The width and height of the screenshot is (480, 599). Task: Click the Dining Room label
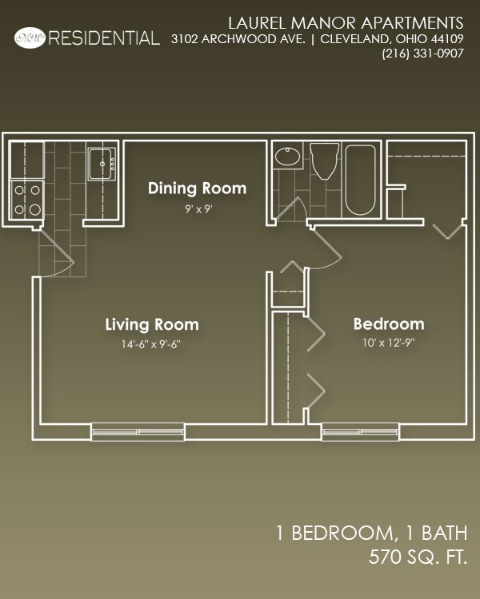tap(197, 188)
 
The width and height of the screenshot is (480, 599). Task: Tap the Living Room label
tap(152, 325)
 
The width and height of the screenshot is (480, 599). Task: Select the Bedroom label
tap(389, 324)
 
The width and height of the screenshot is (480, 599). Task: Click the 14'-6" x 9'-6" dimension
tap(152, 346)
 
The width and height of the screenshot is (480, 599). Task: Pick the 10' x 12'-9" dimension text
tap(389, 345)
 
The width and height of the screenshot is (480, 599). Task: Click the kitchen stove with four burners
tap(26, 200)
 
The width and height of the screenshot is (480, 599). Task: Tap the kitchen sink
tap(102, 165)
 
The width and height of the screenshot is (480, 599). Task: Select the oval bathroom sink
tap(286, 156)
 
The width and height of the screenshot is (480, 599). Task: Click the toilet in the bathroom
tap(325, 162)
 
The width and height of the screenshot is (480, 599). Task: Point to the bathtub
tap(360, 180)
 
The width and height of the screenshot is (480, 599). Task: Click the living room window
tap(138, 431)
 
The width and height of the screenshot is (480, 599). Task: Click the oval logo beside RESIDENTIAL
tap(30, 37)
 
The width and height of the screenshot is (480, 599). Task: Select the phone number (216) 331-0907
tap(423, 54)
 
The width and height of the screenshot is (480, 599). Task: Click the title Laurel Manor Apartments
tap(346, 21)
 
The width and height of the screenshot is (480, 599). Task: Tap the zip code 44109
tap(446, 38)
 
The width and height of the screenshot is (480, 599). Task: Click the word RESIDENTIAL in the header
tap(104, 38)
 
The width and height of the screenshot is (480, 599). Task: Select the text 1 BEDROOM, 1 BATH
tap(370, 533)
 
